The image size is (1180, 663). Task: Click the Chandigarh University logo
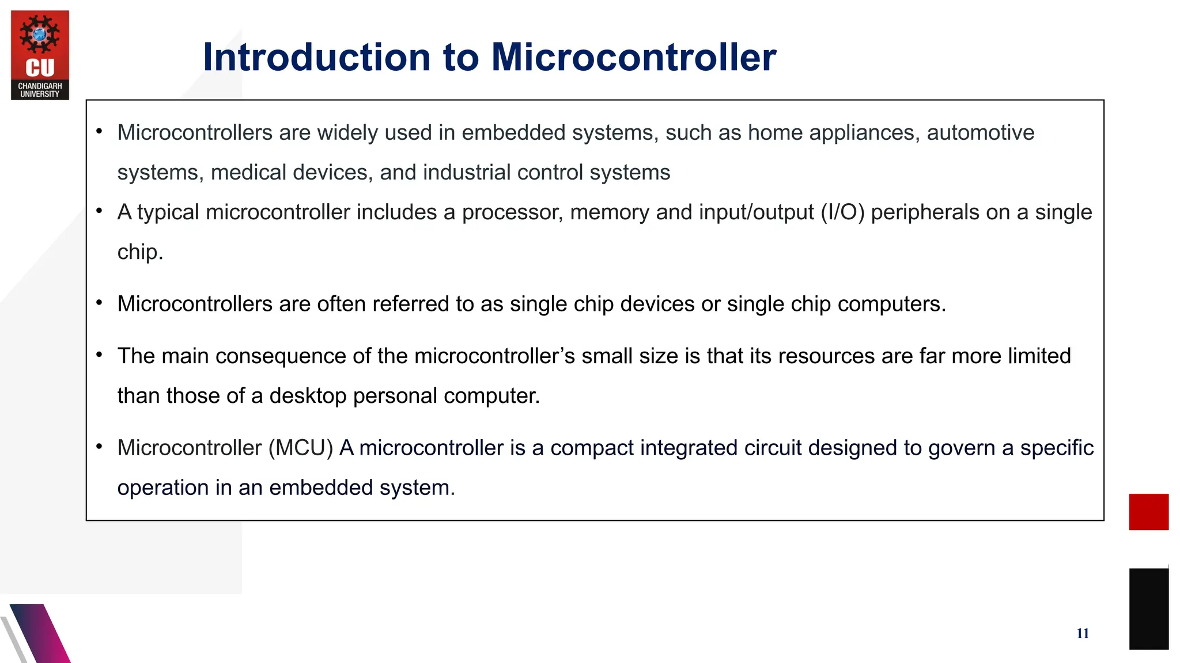(40, 55)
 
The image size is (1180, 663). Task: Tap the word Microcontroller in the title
(633, 58)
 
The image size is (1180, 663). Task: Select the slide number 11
(1082, 634)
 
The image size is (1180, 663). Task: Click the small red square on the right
(1148, 512)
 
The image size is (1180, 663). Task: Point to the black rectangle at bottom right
(1148, 608)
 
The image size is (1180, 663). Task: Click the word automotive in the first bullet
(980, 133)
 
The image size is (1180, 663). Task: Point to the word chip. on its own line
(140, 252)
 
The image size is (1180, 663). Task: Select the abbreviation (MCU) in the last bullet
(300, 448)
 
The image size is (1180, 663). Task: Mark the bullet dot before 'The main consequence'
(99, 355)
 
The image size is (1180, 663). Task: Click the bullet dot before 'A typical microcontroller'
(99, 211)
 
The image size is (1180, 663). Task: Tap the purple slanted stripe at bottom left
(40, 633)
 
